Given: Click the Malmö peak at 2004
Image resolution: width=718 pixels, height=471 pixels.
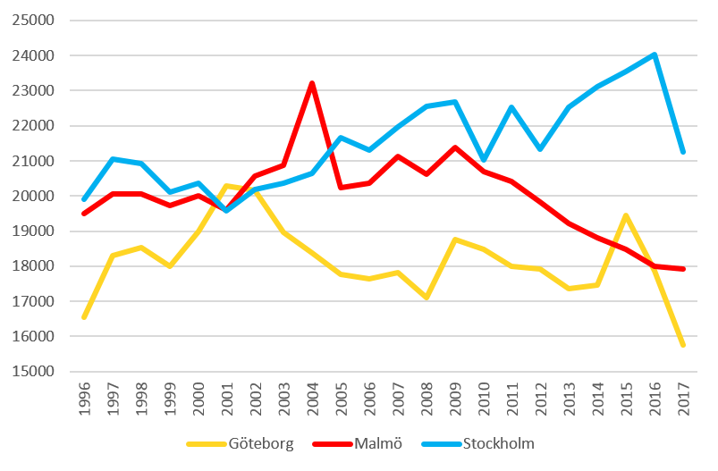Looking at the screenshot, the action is [312, 83].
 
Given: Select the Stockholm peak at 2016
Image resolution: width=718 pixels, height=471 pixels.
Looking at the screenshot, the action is [655, 55].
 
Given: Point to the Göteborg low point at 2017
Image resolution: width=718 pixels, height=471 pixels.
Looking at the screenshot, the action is [683, 345].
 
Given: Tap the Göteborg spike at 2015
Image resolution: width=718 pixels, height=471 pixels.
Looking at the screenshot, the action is [626, 215].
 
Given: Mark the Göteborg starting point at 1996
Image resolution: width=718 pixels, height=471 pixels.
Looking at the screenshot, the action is [84, 317].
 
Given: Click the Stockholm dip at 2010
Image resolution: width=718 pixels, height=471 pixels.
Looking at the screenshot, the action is [484, 160].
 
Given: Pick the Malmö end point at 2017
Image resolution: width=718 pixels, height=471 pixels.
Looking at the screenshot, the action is [683, 269].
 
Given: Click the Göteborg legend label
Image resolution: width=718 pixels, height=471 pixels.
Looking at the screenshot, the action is [261, 444].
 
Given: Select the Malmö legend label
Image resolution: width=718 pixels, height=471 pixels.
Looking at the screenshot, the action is [378, 443].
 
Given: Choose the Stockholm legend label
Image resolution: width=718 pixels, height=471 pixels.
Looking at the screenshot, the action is [499, 443].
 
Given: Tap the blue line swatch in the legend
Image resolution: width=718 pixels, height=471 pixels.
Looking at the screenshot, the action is [442, 444].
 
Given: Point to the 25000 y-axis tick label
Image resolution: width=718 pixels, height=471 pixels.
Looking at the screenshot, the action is [33, 21].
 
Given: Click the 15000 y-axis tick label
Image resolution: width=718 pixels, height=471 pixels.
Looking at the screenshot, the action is [33, 371].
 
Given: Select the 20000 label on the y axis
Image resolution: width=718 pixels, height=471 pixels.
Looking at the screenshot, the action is [33, 196].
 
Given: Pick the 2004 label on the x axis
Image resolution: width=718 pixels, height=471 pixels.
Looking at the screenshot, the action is [313, 399].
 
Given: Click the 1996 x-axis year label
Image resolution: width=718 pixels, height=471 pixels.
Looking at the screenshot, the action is [85, 399].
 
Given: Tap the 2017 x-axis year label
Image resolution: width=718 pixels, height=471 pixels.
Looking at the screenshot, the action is [684, 399].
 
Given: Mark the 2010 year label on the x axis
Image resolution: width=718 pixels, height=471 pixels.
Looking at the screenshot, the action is [484, 399].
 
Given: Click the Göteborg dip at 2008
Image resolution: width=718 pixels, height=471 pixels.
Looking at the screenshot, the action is [427, 298].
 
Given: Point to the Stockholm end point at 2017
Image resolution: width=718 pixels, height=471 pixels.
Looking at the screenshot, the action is [683, 152].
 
